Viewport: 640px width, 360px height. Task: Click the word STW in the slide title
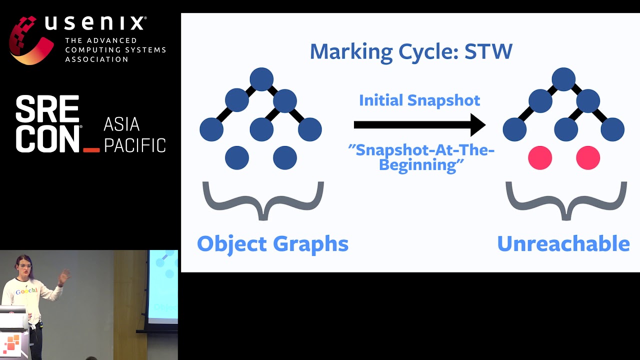coord(488,51)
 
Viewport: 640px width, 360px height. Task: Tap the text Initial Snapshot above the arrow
coord(419,100)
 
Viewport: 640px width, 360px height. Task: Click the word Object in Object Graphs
coord(231,243)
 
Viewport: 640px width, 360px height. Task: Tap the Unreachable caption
coord(563,243)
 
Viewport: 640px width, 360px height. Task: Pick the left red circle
coord(540,158)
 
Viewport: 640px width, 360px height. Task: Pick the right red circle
coord(588,158)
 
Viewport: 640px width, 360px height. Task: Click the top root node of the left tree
coord(261,79)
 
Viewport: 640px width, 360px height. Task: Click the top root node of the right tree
coord(563,79)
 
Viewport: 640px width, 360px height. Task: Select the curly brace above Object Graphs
coord(263,200)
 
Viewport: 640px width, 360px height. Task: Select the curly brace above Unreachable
coord(566,200)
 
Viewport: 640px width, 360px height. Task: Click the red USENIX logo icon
coord(30,40)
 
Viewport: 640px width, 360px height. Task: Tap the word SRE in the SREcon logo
coord(47,109)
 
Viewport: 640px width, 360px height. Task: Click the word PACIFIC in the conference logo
coord(134,145)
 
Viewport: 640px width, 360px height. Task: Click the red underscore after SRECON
coord(91,149)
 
